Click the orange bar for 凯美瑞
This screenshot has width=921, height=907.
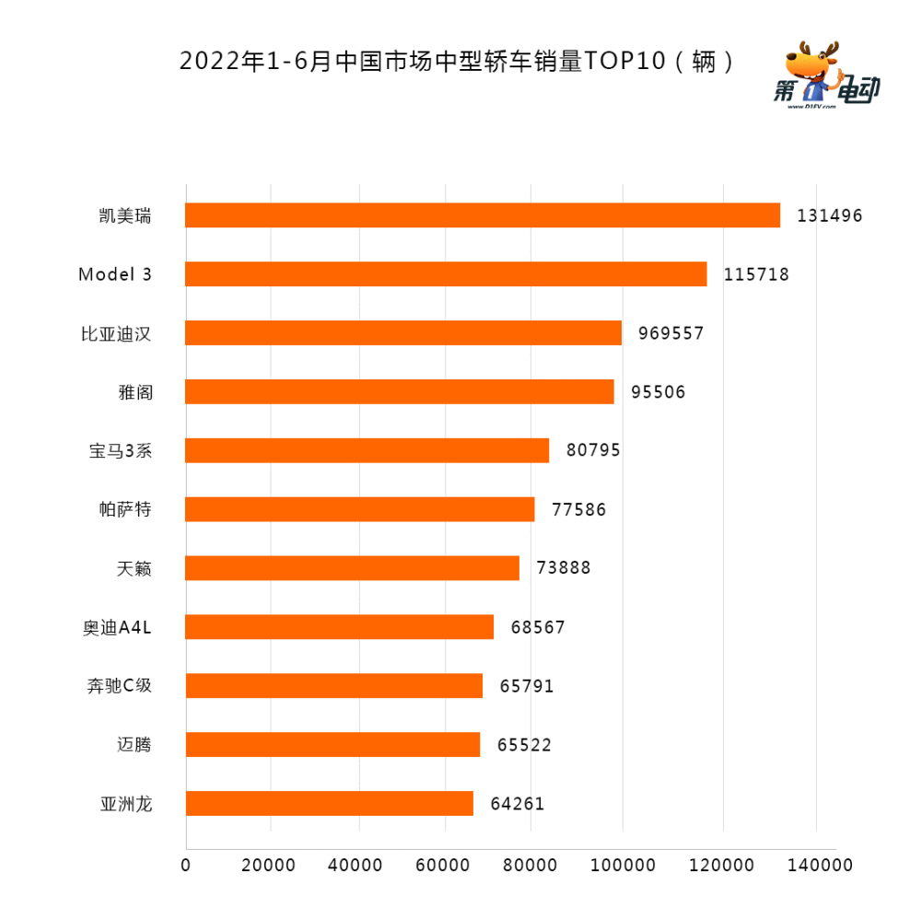point(483,215)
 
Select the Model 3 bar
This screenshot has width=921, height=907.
point(446,274)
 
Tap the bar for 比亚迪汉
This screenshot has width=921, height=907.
point(403,332)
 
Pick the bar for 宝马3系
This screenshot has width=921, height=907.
point(367,450)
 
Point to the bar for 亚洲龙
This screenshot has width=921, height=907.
point(329,803)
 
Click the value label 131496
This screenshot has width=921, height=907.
point(830,216)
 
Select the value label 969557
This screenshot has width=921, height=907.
point(668,333)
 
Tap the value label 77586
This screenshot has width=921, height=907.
point(578,509)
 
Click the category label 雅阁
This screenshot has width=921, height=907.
point(134,392)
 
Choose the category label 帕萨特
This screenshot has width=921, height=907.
point(124,509)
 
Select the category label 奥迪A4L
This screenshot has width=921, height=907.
point(117,628)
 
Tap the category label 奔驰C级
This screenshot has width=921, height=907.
point(117,686)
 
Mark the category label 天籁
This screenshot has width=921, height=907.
point(134,569)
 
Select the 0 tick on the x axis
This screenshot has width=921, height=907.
point(186,866)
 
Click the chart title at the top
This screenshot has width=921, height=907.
point(459,63)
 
